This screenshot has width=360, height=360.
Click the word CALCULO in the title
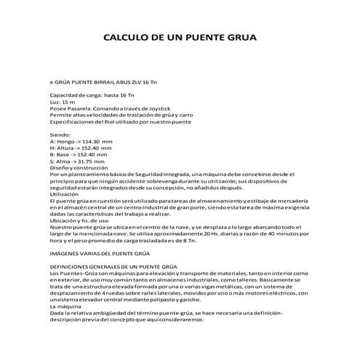[x=124, y=36]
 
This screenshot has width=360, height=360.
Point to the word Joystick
[x=164, y=109]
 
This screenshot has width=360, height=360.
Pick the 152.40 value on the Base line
[x=95, y=155]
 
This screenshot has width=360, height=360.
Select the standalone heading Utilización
[x=63, y=193]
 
